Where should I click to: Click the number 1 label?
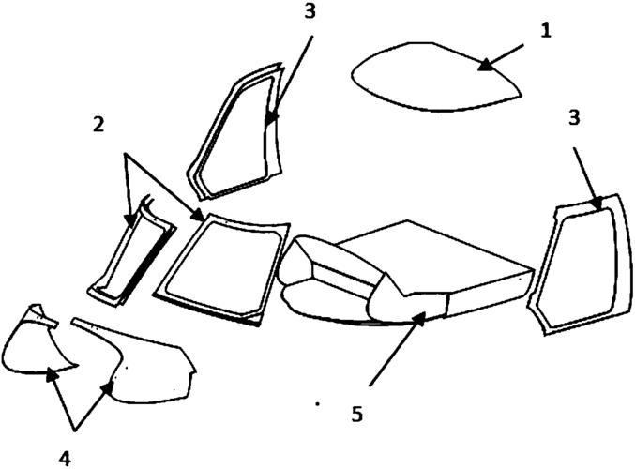(546, 31)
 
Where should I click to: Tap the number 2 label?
(98, 125)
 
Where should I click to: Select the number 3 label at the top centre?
(310, 11)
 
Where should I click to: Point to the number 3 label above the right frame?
(574, 118)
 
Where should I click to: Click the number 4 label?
(65, 459)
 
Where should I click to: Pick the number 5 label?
(356, 414)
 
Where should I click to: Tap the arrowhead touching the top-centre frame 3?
(270, 119)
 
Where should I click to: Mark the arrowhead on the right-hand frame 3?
(597, 203)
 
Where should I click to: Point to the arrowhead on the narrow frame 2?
(130, 219)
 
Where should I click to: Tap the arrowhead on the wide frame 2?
(198, 215)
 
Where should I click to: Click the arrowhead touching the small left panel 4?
(52, 375)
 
